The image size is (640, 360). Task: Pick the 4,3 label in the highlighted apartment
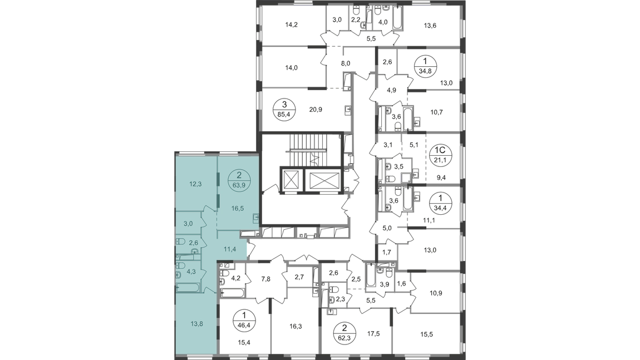191,272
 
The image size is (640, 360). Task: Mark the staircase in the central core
304,151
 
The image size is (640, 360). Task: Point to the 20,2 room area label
316,110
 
